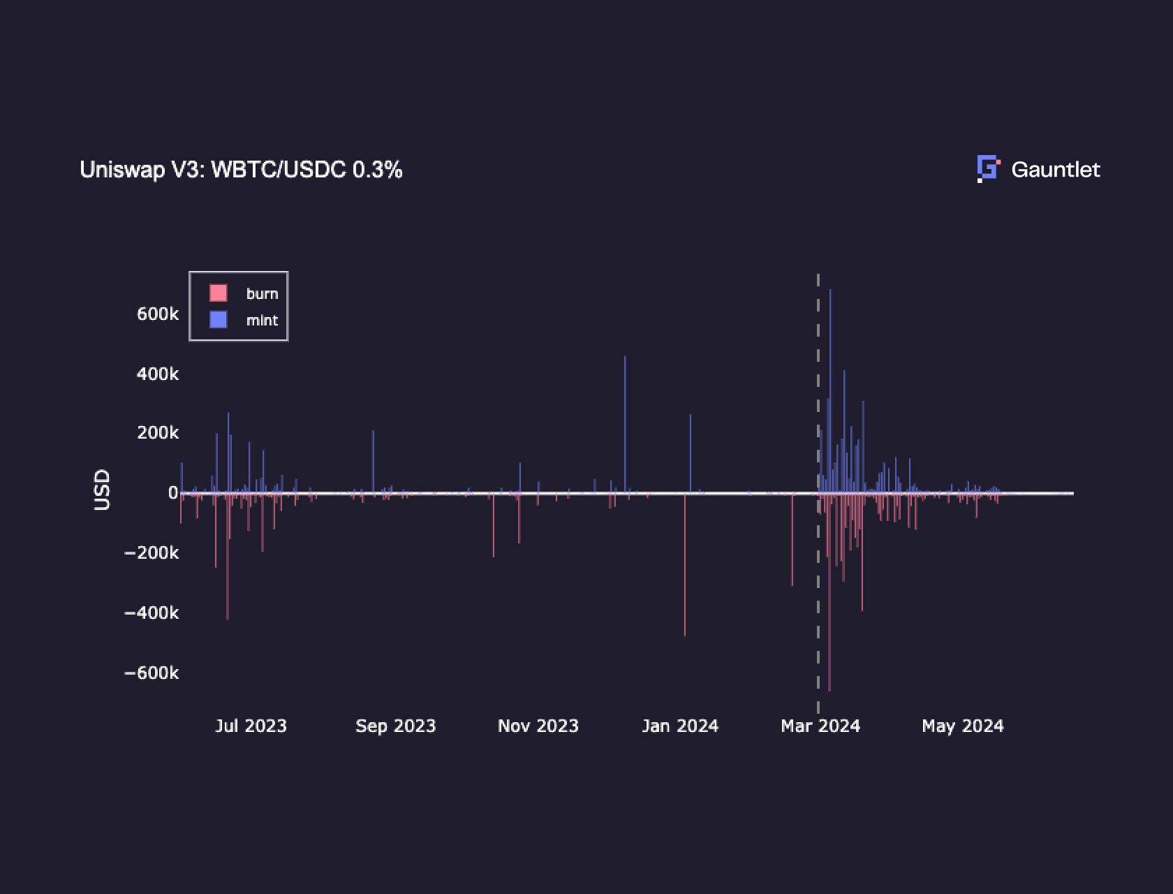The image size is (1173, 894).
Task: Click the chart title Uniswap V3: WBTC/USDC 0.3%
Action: pyautogui.click(x=241, y=170)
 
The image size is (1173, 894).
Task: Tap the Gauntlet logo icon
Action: pyautogui.click(x=988, y=169)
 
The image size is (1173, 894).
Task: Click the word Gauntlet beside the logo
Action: pyautogui.click(x=1055, y=170)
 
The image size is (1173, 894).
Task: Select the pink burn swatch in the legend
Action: pyautogui.click(x=219, y=293)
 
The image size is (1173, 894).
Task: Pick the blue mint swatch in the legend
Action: pyautogui.click(x=219, y=320)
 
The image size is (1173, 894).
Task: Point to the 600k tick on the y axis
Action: pyautogui.click(x=158, y=314)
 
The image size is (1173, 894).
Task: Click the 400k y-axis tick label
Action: pyautogui.click(x=158, y=374)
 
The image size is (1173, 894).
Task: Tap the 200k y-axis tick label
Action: pyautogui.click(x=158, y=433)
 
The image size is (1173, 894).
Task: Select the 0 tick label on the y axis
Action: pyautogui.click(x=173, y=493)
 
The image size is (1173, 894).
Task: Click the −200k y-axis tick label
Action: pyautogui.click(x=152, y=553)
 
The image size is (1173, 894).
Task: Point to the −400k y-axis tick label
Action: pyautogui.click(x=152, y=613)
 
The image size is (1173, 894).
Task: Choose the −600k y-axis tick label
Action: pyautogui.click(x=152, y=673)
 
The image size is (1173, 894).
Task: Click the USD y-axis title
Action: pyautogui.click(x=102, y=490)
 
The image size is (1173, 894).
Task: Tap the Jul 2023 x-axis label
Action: pyautogui.click(x=251, y=726)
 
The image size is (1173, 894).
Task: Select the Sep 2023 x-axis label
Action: pyautogui.click(x=395, y=726)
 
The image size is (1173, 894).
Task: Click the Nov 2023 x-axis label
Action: pyautogui.click(x=538, y=726)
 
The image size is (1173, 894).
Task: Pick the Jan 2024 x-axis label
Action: pyautogui.click(x=680, y=726)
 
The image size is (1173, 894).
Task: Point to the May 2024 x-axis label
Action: pyautogui.click(x=963, y=726)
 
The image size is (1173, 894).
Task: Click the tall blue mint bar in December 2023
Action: pyautogui.click(x=625, y=419)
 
